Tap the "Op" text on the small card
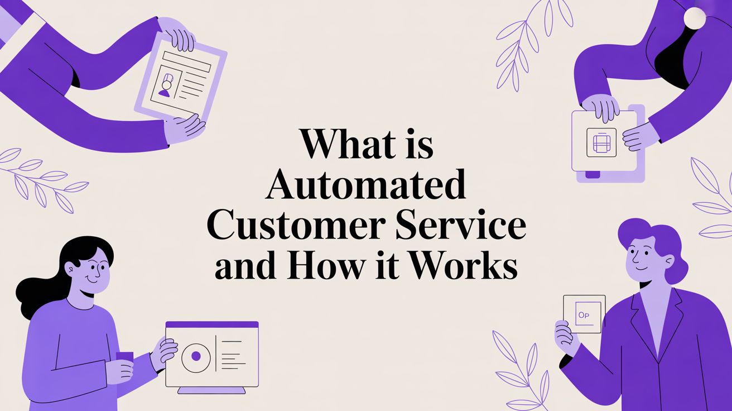(584, 315)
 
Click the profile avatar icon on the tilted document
(166, 85)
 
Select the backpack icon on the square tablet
(601, 142)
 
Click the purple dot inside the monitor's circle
(196, 356)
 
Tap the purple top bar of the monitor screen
(212, 324)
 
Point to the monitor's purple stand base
(211, 390)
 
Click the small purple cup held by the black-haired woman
(124, 356)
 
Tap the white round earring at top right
(695, 17)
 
